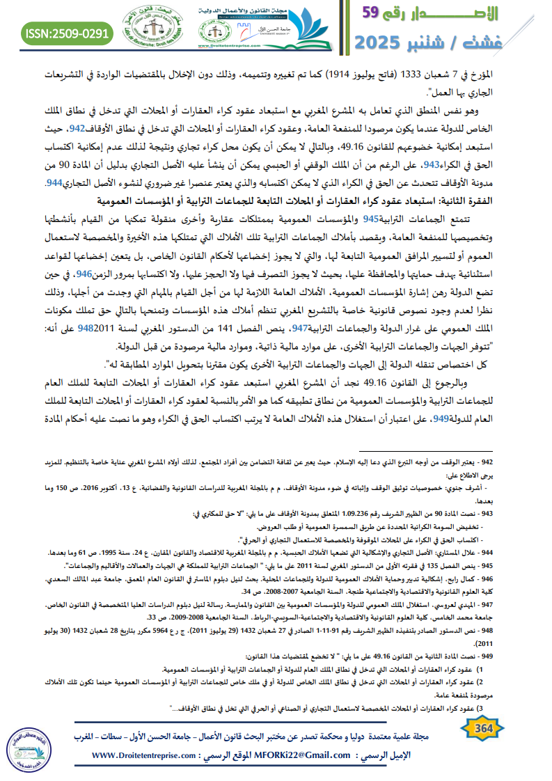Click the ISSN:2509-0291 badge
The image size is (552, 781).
pos(68,32)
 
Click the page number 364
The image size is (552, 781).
pos(482,728)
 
